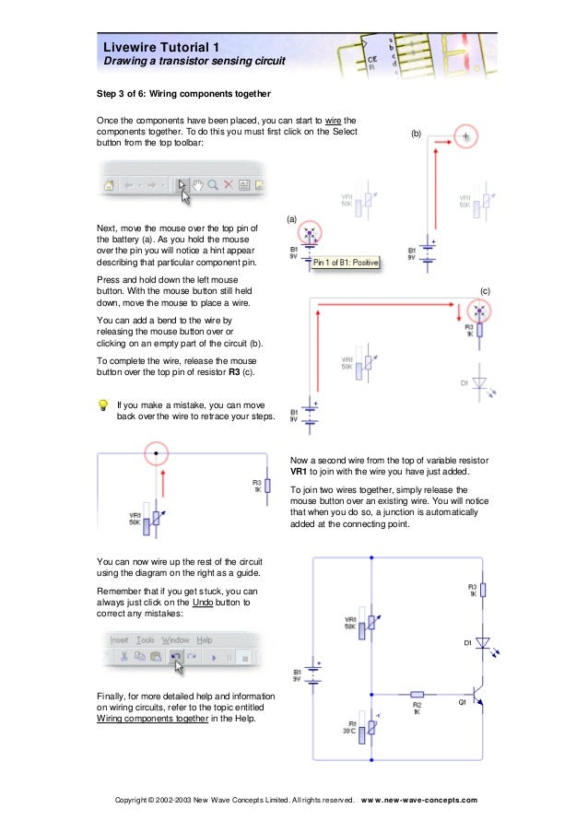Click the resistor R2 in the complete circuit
pos(417,694)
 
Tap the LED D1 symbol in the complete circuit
pos(482,642)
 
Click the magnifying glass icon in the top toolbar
pos(212,184)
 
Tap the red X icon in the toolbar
pos(228,184)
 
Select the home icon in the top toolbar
pos(109,184)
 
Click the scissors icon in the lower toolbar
pos(122,656)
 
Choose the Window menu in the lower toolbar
pos(175,639)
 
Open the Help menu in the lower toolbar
pos(204,639)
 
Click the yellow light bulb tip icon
pos(103,404)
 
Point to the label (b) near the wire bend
pos(416,135)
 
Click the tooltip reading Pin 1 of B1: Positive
pos(347,263)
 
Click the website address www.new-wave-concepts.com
pos(419,800)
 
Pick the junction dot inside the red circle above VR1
pos(156,453)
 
